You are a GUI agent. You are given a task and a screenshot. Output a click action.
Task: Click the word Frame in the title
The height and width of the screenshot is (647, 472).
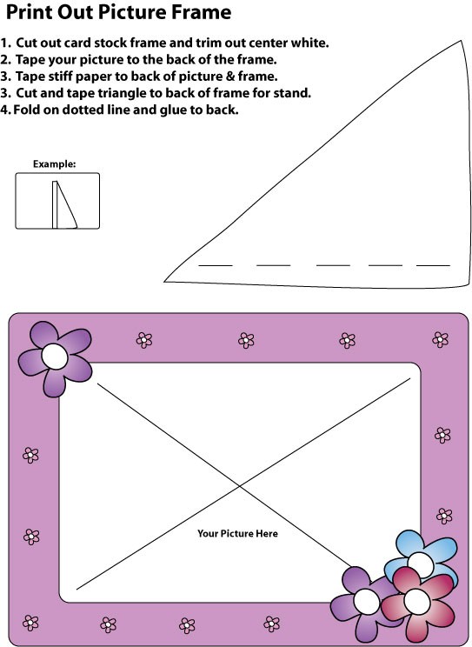pyautogui.click(x=201, y=11)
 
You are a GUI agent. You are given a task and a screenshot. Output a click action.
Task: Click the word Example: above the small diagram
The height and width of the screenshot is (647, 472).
pyautogui.click(x=55, y=164)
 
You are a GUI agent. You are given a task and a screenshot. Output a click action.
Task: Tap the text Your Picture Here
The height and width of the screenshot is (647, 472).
pyautogui.click(x=237, y=534)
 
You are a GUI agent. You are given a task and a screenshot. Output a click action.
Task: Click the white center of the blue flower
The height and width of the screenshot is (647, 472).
pyautogui.click(x=420, y=564)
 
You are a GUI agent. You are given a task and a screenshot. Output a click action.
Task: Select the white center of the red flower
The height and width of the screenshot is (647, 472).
pyautogui.click(x=416, y=601)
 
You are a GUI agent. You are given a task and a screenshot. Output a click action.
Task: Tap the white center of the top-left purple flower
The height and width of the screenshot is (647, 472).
pyautogui.click(x=55, y=356)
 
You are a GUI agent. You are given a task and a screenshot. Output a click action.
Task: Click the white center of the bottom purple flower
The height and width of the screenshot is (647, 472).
pyautogui.click(x=366, y=601)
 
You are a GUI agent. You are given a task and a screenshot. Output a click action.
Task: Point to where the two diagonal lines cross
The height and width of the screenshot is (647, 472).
pyautogui.click(x=239, y=486)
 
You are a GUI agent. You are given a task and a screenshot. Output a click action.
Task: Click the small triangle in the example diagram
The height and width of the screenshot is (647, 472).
pyautogui.click(x=66, y=205)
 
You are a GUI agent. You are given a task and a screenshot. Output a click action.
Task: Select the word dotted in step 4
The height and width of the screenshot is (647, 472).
pyautogui.click(x=81, y=110)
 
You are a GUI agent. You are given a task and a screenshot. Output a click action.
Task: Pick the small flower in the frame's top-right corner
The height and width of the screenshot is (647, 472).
pyautogui.click(x=440, y=339)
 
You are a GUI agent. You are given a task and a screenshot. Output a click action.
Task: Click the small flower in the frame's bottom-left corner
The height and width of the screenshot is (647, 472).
pyautogui.click(x=30, y=623)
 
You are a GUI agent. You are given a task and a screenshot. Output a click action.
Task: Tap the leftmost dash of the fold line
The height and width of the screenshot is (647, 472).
pyautogui.click(x=216, y=266)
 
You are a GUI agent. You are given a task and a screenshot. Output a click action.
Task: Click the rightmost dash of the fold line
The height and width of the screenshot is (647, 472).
pyautogui.click(x=433, y=266)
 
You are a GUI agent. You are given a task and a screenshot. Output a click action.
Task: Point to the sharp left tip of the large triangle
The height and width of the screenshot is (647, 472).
pyautogui.click(x=164, y=282)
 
